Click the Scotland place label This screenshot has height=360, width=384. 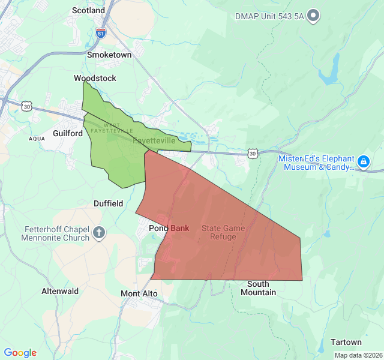coord(88,10)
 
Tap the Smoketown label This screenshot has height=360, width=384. coord(109,55)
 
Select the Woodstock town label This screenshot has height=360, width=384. coord(95,79)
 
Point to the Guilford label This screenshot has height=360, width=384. coord(68,133)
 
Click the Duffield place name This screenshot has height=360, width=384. coord(108,203)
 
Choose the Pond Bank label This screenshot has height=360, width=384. coord(169,228)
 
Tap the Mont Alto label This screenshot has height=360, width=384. coord(139,293)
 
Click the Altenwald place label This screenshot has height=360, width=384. coord(60,291)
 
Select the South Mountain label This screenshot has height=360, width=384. coord(258,288)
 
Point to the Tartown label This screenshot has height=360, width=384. coord(346,342)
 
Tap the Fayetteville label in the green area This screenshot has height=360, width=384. coord(154,140)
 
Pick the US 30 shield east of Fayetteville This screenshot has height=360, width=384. coord(253,154)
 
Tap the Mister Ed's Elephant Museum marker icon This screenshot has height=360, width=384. coord(363,161)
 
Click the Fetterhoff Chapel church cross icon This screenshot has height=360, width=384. coord(100,232)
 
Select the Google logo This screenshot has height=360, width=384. coord(20,353)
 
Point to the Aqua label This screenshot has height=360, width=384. coord(37,139)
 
